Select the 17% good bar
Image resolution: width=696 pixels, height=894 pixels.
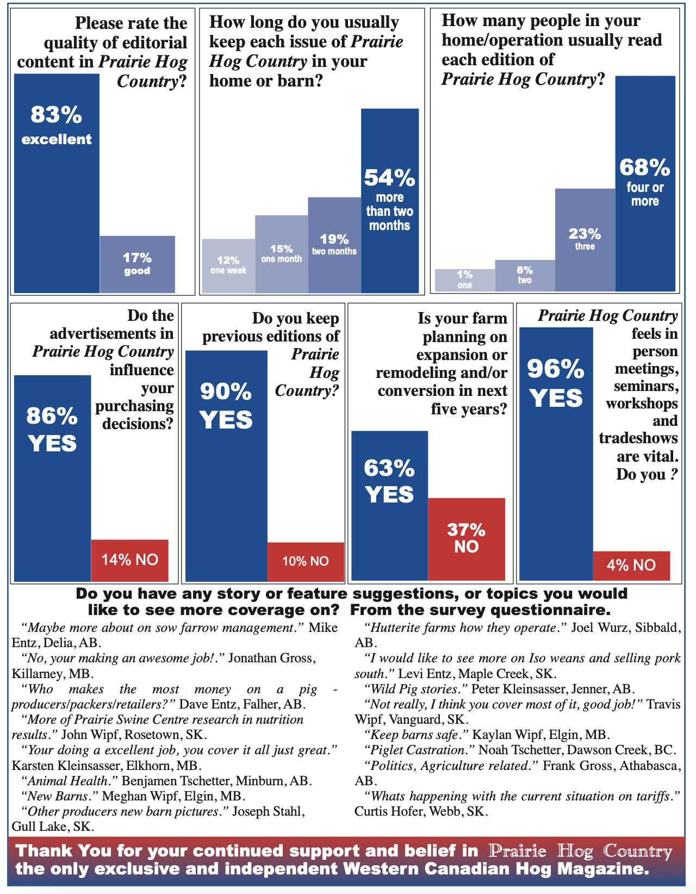[x=137, y=264]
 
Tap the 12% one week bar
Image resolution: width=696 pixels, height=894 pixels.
[x=228, y=266]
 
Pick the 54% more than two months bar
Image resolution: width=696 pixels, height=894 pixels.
[x=390, y=201]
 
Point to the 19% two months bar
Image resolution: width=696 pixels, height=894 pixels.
[x=334, y=245]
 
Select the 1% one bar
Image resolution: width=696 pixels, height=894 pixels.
[x=465, y=280]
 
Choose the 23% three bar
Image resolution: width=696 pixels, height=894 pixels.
[x=585, y=240]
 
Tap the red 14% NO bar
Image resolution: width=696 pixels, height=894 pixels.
[x=129, y=560]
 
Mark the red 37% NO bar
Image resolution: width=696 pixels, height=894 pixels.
[x=467, y=539]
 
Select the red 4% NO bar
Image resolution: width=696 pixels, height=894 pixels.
[x=631, y=566]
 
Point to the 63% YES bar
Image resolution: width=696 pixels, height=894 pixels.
[x=389, y=506]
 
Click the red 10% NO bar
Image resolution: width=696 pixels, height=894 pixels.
[x=306, y=561]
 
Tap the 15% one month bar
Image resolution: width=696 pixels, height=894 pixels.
[x=282, y=254]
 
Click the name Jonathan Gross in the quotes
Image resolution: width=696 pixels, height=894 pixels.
[x=270, y=659]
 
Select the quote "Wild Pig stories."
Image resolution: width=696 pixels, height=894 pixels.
[x=415, y=690]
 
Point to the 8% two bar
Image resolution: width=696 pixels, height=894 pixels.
[x=525, y=275]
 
